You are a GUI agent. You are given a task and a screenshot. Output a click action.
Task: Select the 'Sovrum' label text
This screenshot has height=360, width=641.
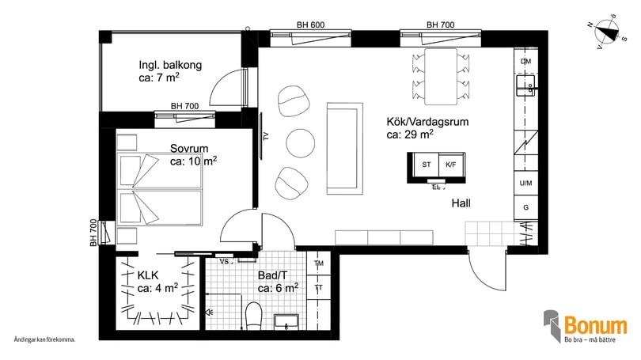click(x=189, y=148)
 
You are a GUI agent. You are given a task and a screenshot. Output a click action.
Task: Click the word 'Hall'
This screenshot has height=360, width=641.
click(x=461, y=203)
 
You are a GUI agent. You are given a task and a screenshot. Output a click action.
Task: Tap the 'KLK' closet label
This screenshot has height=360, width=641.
click(x=148, y=275)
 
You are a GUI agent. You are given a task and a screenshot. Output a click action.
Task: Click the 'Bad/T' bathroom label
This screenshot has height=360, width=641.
click(x=272, y=275)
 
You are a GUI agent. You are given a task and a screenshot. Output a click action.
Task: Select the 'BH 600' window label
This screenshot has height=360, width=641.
click(x=310, y=25)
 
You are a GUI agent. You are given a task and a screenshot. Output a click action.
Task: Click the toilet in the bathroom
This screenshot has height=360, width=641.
click(x=254, y=316)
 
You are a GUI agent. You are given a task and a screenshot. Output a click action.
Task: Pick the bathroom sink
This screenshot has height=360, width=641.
click(x=286, y=320)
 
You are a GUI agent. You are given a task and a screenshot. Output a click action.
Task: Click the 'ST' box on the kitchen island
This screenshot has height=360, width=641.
click(x=427, y=165)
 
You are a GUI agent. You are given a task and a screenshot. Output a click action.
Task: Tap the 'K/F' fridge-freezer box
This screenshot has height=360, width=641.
click(x=451, y=165)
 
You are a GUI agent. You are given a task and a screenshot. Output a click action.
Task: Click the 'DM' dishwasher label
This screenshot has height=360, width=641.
click(x=525, y=61)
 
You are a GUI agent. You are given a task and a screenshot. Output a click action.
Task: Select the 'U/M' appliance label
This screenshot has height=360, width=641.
click(x=525, y=184)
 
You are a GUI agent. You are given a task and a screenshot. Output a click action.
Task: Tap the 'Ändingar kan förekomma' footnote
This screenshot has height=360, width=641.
click(x=45, y=339)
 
